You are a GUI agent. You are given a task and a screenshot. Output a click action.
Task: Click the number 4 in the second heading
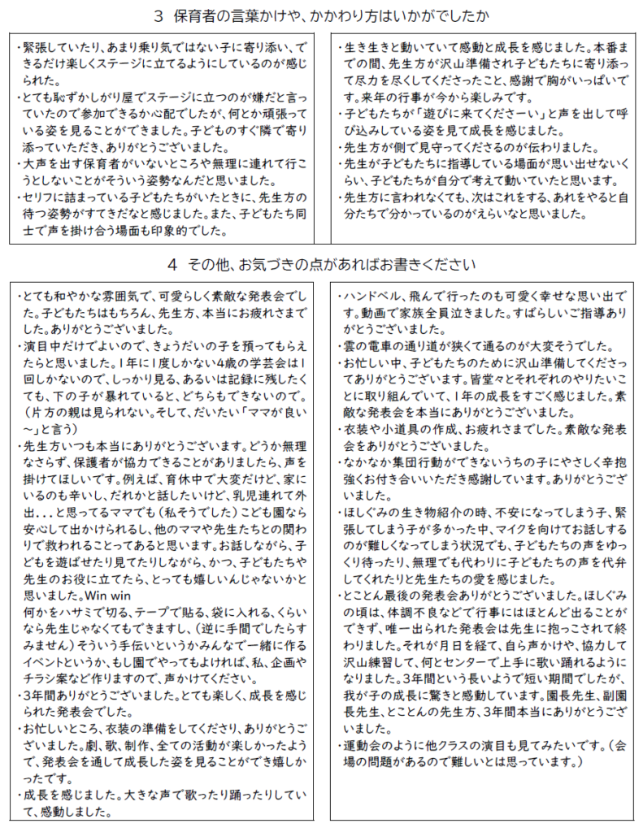pos(172,265)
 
